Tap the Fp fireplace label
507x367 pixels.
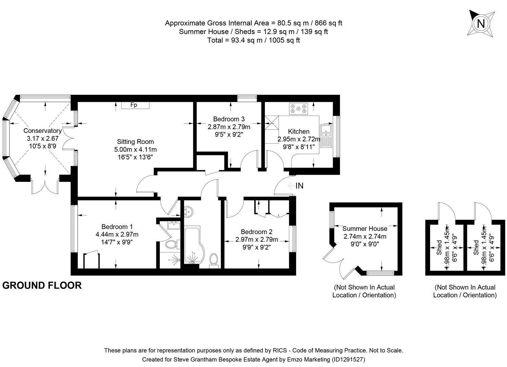coord(134,105)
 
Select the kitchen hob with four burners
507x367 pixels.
coord(298,108)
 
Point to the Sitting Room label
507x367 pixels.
coord(135,142)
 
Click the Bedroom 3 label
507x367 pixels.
coord(229,119)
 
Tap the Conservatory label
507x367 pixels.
coord(42,131)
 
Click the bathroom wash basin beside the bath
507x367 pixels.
coord(188,211)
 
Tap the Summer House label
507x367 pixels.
coord(365,229)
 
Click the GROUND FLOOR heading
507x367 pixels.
coord(42,285)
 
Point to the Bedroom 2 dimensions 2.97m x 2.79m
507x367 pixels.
coord(256,240)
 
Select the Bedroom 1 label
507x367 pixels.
coord(117,227)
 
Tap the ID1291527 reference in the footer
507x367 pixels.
coord(348,359)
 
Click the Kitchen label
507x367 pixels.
coord(298,132)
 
